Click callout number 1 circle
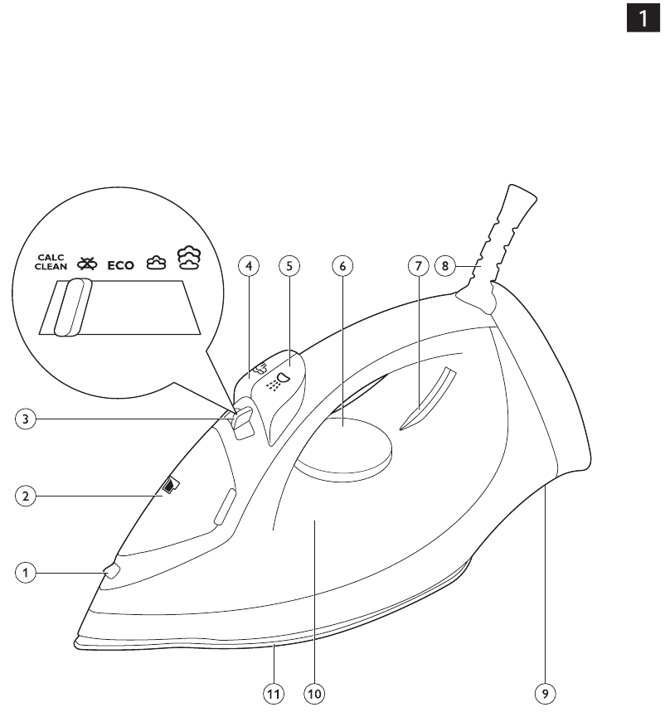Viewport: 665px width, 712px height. [26, 573]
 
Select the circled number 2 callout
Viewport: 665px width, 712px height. [26, 496]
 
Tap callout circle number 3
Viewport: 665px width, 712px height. [26, 419]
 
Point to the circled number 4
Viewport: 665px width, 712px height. [249, 265]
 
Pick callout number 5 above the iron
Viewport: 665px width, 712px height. [289, 265]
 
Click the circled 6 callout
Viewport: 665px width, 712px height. [342, 265]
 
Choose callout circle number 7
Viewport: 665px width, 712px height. [419, 265]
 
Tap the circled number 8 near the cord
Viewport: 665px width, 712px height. [445, 265]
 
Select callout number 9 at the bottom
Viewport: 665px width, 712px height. [545, 694]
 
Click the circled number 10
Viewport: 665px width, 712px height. [314, 694]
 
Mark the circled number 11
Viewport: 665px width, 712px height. [274, 694]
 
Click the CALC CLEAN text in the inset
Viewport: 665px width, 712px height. [51, 262]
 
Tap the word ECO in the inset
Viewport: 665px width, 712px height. [120, 265]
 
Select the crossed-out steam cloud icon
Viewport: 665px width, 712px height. [87, 264]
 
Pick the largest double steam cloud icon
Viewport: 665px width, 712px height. [189, 258]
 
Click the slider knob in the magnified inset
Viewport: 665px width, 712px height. [73, 307]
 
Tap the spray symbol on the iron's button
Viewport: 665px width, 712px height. [278, 381]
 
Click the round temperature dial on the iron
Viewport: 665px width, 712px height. [344, 447]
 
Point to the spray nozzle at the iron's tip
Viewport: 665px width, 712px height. [112, 571]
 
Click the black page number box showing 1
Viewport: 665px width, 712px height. [643, 17]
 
